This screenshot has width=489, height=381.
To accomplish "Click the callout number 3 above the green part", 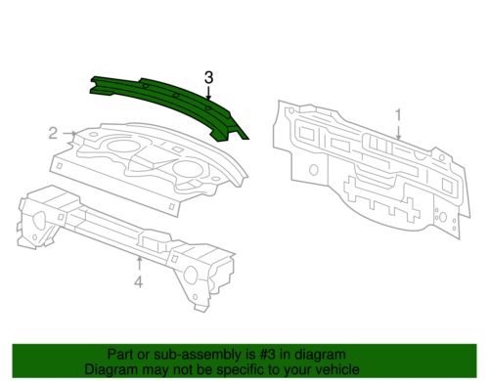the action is click(x=208, y=78).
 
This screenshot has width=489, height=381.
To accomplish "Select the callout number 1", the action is click(x=398, y=115).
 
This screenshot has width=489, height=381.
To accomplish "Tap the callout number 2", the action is click(x=53, y=134).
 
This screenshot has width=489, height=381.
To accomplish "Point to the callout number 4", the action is click(x=139, y=281).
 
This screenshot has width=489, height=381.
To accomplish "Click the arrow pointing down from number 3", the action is click(x=208, y=93).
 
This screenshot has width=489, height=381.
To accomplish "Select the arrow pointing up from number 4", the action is click(x=139, y=263).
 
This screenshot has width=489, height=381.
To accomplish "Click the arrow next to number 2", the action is click(x=69, y=133).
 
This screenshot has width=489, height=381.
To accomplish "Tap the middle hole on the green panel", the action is click(x=176, y=96).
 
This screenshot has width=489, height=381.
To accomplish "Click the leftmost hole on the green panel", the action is click(x=145, y=86).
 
